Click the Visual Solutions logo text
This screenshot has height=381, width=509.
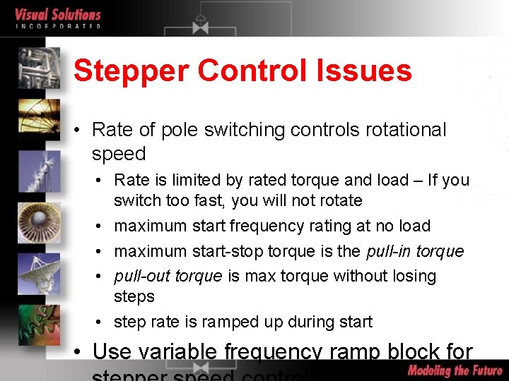tap(57, 15)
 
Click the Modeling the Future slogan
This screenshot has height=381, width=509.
tap(454, 370)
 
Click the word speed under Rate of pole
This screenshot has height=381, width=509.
tap(119, 154)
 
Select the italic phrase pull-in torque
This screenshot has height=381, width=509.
tap(415, 251)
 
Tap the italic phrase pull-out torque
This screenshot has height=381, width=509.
tap(168, 276)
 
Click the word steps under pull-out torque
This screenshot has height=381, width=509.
tap(134, 296)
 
